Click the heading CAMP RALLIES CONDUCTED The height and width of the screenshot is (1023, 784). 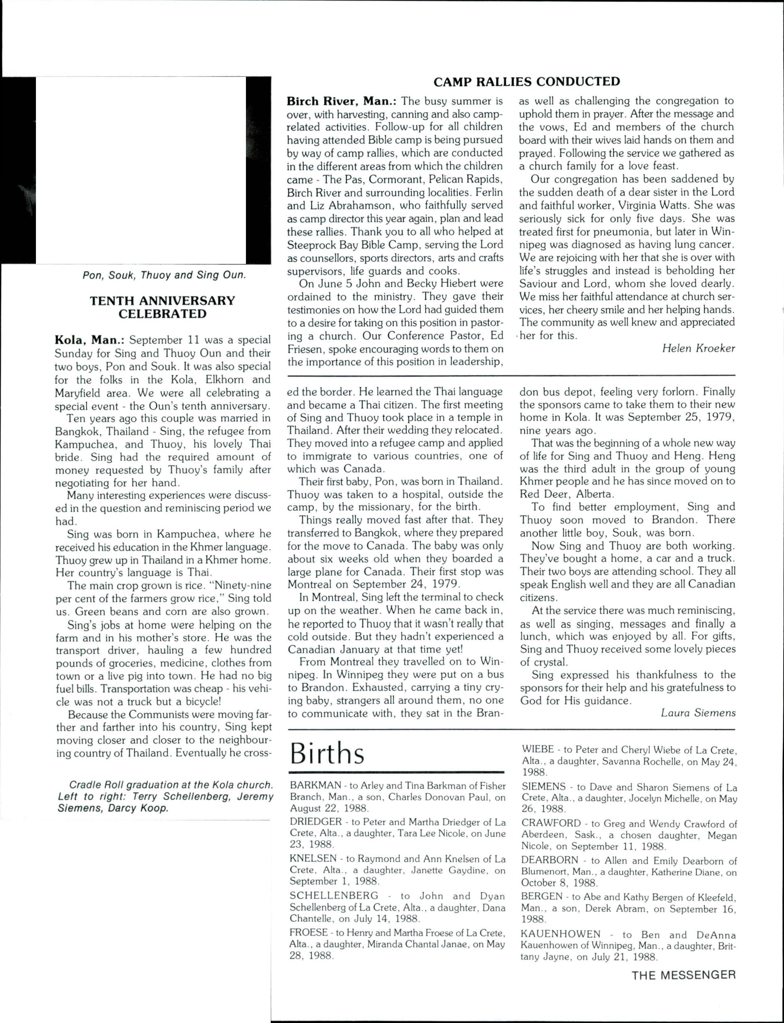click(526, 82)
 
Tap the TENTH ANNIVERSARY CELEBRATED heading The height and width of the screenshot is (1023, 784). click(162, 307)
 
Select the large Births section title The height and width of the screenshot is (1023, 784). click(327, 753)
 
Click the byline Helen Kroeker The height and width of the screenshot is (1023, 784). click(698, 348)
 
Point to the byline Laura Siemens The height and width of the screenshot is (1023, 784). click(698, 713)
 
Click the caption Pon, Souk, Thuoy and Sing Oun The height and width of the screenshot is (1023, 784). click(164, 275)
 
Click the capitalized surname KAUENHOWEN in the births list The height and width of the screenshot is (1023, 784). click(560, 934)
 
